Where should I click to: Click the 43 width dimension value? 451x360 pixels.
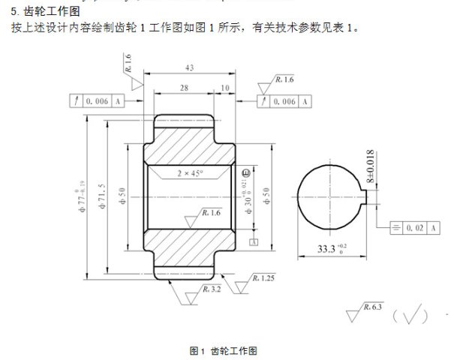[188, 68]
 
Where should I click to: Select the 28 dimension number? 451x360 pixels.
[184, 88]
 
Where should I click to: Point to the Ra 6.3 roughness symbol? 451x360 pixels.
[365, 312]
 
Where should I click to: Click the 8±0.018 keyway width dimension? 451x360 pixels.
[370, 168]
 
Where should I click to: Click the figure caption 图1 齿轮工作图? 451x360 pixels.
[224, 350]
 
